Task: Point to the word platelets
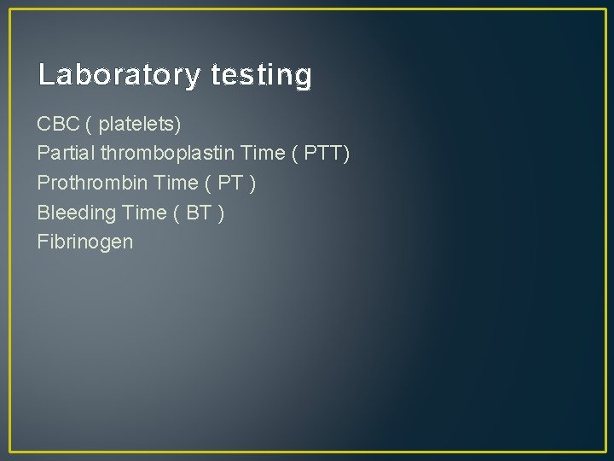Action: click(139, 125)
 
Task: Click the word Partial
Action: click(66, 154)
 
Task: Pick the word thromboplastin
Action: click(168, 154)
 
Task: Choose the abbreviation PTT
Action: click(325, 154)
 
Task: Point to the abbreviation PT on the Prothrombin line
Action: click(230, 183)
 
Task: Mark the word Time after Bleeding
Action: click(145, 212)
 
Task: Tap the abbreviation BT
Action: click(198, 212)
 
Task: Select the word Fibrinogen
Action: click(85, 242)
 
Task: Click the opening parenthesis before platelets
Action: click(90, 125)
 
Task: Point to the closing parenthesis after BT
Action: click(222, 212)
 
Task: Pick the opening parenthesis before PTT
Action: click(297, 154)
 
